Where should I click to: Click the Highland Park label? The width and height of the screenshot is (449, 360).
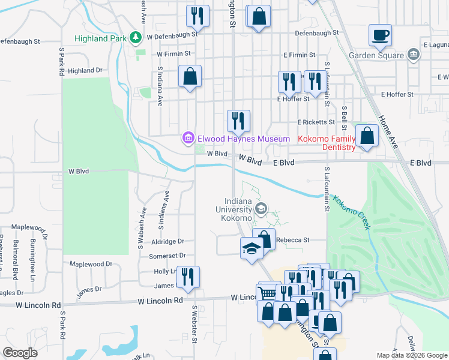click(x=101, y=38)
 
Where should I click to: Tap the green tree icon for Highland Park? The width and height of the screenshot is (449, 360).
click(x=136, y=38)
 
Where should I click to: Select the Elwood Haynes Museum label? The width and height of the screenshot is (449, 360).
click(x=236, y=139)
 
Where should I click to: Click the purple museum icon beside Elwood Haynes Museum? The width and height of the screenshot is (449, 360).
click(x=188, y=139)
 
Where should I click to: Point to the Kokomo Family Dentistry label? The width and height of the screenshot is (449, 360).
click(x=327, y=143)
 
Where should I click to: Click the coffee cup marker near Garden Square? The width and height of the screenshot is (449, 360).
click(x=379, y=35)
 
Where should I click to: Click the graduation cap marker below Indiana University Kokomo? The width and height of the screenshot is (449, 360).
click(x=252, y=248)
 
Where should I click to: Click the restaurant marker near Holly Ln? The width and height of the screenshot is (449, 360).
click(x=188, y=277)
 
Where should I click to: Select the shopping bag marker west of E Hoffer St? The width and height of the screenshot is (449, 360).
click(x=190, y=76)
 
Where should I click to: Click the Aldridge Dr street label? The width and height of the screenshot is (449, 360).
click(x=169, y=241)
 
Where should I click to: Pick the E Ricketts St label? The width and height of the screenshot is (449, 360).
click(x=316, y=122)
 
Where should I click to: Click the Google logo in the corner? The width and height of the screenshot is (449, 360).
click(x=20, y=353)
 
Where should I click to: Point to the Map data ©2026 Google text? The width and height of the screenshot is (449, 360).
click(x=411, y=355)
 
